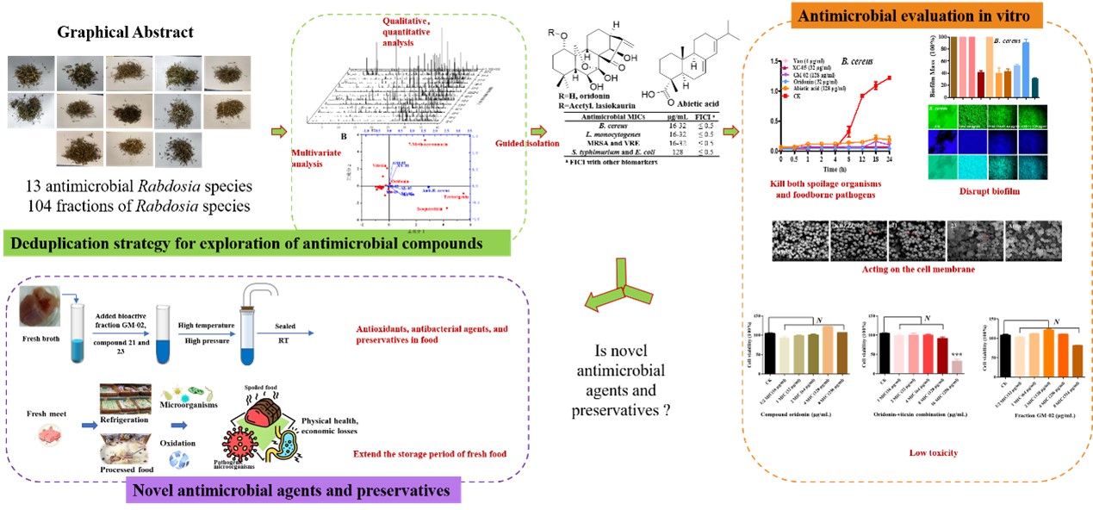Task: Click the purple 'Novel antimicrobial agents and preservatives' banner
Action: pyautogui.click(x=293, y=491)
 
